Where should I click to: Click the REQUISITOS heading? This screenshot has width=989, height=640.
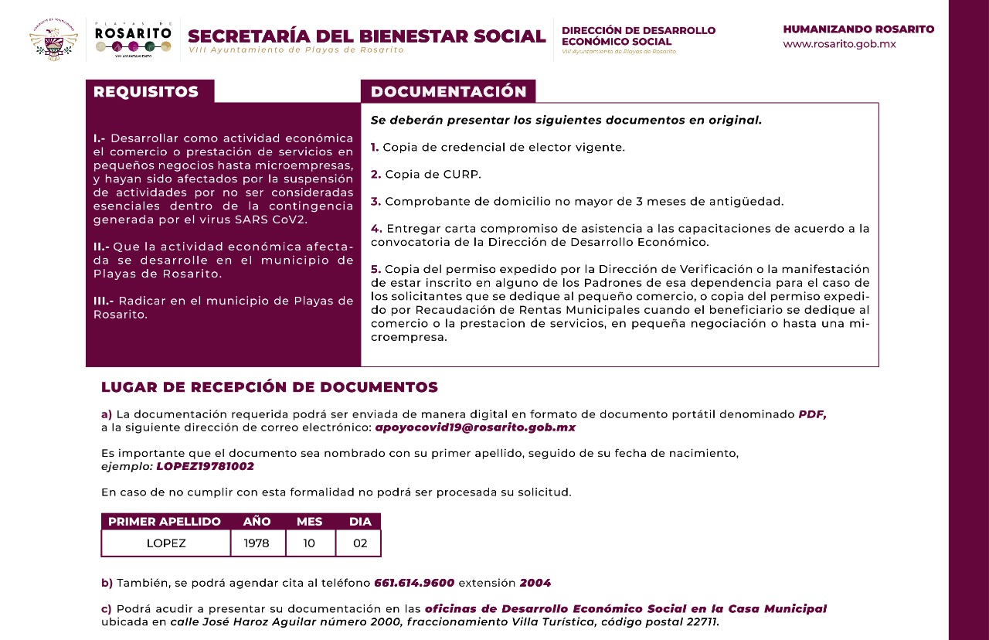[x=146, y=92]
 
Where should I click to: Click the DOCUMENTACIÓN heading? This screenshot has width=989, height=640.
[x=448, y=92]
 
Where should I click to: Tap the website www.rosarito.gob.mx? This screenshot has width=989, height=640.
[x=839, y=44]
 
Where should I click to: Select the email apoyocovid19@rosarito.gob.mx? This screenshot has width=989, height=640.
[x=475, y=427]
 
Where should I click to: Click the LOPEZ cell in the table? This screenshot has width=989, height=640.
[x=166, y=543]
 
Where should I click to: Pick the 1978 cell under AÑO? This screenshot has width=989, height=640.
[x=257, y=543]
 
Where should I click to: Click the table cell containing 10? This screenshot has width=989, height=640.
[x=309, y=543]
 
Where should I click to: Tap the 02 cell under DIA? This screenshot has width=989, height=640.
[x=360, y=543]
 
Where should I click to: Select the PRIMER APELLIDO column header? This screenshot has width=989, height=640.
[x=165, y=522]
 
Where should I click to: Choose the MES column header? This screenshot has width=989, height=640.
[x=309, y=522]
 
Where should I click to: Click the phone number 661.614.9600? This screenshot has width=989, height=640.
[x=414, y=583]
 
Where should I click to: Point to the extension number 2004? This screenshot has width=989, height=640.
[x=535, y=583]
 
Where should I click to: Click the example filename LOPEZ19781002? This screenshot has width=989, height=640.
[x=205, y=467]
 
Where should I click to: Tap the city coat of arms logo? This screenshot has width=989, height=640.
[x=53, y=39]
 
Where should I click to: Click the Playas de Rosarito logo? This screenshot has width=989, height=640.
[x=133, y=39]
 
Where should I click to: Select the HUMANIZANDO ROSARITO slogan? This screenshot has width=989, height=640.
[x=858, y=29]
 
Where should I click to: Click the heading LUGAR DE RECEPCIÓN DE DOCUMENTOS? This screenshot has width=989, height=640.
[x=270, y=387]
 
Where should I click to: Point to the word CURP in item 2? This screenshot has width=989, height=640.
[x=462, y=175]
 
